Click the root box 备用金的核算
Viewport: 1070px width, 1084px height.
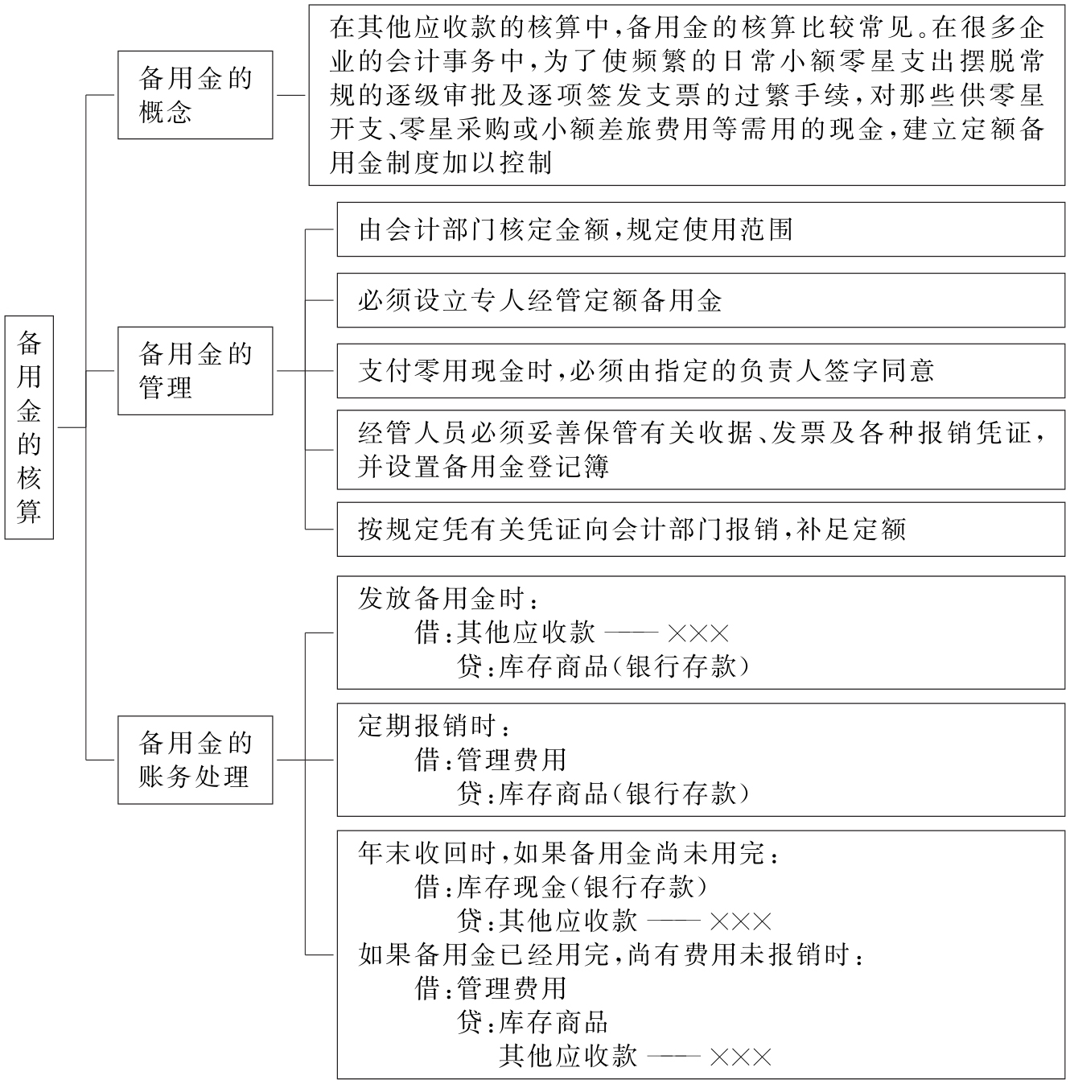[29, 427]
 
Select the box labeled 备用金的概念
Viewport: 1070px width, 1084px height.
[195, 95]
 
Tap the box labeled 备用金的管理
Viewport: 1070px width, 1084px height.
[195, 370]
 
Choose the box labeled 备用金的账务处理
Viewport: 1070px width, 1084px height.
[195, 759]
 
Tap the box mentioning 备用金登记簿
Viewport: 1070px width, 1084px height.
[700, 450]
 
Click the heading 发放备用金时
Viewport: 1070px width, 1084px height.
[447, 599]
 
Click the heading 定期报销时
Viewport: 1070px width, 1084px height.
[434, 726]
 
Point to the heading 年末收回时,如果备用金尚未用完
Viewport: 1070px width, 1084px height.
[568, 853]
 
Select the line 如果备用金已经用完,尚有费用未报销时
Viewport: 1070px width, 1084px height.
[611, 954]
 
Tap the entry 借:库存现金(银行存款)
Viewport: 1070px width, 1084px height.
[562, 887]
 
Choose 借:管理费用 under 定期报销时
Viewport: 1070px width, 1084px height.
[491, 760]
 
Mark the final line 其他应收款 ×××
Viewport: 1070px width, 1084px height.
[635, 1056]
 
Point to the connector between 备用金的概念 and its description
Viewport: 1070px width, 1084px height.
[290, 95]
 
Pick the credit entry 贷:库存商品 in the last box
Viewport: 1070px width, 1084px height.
[533, 1022]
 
